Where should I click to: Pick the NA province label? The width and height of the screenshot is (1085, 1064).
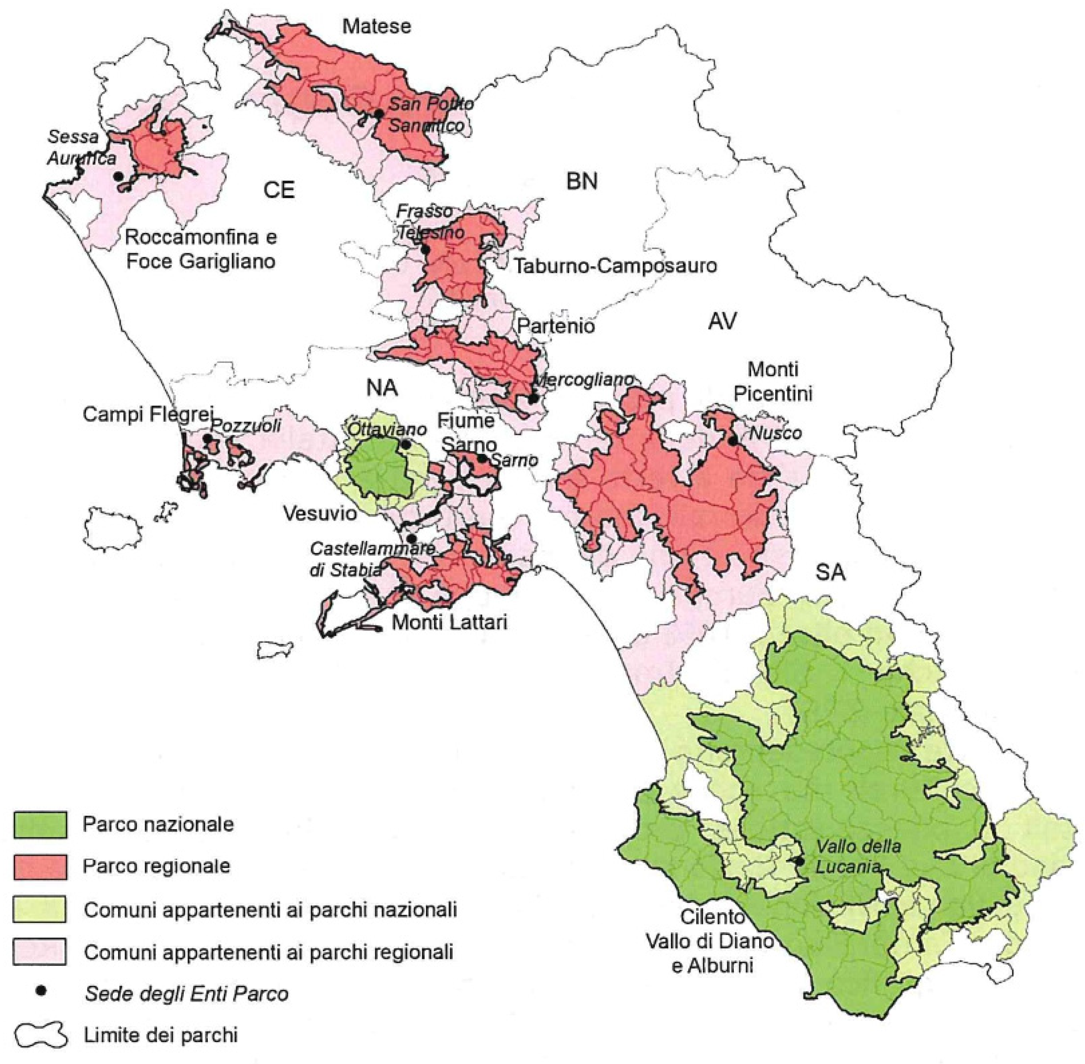tap(382, 387)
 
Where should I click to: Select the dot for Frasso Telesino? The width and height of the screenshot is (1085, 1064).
tap(425, 249)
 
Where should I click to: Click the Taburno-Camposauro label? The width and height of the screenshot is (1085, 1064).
tap(615, 265)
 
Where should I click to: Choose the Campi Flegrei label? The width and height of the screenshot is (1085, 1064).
tap(148, 414)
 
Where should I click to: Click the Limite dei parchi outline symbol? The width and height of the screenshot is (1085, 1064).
tap(40, 1035)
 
